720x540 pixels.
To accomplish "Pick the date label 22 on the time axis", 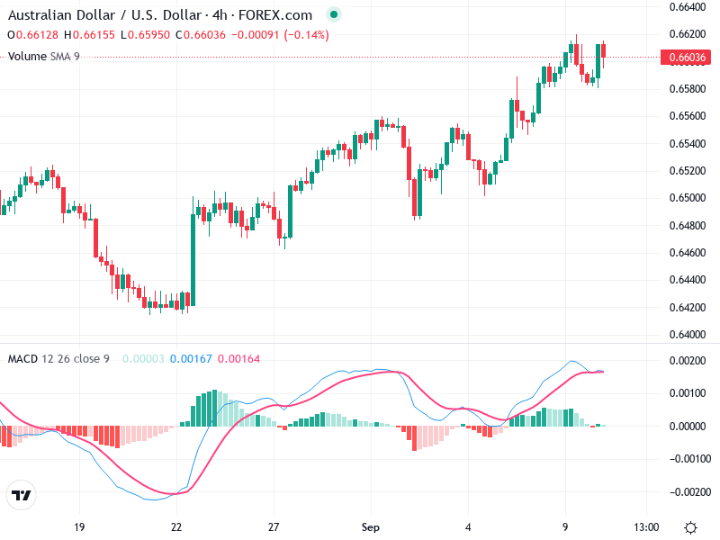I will pyautogui.click(x=176, y=526).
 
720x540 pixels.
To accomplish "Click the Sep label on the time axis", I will pyautogui.click(x=372, y=526).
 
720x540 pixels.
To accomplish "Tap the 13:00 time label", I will pyautogui.click(x=646, y=526).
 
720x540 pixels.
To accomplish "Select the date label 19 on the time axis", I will pyautogui.click(x=79, y=526).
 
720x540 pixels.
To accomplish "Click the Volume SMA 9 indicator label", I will pyautogui.click(x=44, y=56).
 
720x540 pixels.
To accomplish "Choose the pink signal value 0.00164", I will pyautogui.click(x=238, y=359).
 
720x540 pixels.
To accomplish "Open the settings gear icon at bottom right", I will pyautogui.click(x=690, y=526).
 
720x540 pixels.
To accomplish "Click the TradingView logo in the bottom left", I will pyautogui.click(x=21, y=496).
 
